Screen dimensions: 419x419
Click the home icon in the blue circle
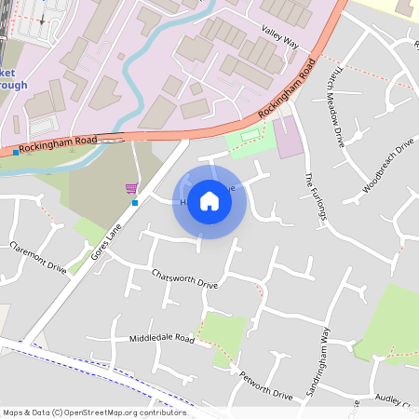(209, 201)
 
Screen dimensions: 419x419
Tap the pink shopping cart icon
(131, 188)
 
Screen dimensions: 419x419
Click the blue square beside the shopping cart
(135, 202)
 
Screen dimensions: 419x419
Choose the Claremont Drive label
(39, 257)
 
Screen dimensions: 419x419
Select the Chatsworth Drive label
(184, 277)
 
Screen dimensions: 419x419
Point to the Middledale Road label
(162, 338)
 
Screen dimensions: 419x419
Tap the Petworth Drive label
(266, 385)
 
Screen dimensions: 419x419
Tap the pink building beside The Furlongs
(290, 139)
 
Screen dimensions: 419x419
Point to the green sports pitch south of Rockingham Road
(250, 140)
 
